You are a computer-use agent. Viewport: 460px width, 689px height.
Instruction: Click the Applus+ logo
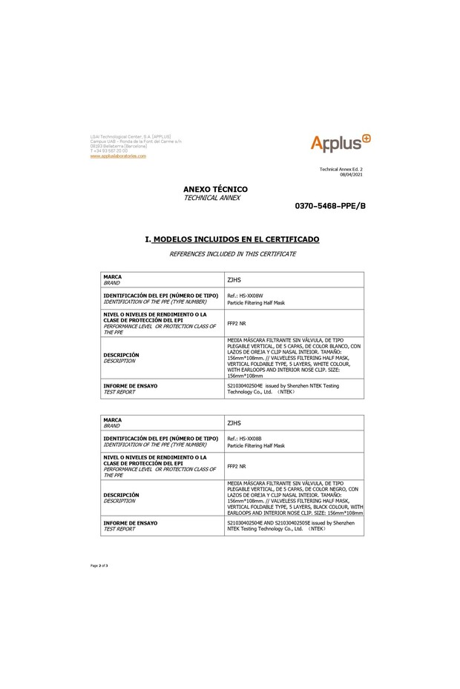tap(340, 143)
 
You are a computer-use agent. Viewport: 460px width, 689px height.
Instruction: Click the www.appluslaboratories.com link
tap(118, 156)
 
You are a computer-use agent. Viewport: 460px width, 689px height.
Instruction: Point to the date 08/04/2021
tap(352, 174)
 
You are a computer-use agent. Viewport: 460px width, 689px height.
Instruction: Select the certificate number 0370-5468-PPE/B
tap(330, 205)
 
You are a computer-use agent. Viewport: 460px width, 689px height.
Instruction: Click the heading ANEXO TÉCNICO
tap(215, 190)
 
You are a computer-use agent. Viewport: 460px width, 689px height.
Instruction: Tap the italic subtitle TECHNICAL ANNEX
tap(211, 198)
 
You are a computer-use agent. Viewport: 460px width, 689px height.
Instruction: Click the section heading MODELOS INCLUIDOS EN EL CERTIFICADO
tap(236, 240)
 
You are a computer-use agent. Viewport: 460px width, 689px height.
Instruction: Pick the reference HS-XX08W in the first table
tap(248, 296)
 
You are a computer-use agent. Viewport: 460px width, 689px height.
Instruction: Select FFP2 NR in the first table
tap(235, 323)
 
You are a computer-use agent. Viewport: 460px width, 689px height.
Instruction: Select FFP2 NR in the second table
tap(235, 466)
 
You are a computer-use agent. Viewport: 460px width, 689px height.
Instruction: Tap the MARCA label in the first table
tap(112, 276)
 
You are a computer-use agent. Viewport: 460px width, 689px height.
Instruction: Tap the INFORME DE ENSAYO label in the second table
tap(131, 523)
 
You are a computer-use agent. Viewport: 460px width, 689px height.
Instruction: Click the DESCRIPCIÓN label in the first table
tap(121, 355)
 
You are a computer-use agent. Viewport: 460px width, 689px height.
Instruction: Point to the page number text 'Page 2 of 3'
tap(99, 565)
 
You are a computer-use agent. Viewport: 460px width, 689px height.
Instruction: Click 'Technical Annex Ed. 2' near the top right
tap(341, 169)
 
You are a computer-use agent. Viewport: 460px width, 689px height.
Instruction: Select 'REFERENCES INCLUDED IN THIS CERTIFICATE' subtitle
tap(232, 253)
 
